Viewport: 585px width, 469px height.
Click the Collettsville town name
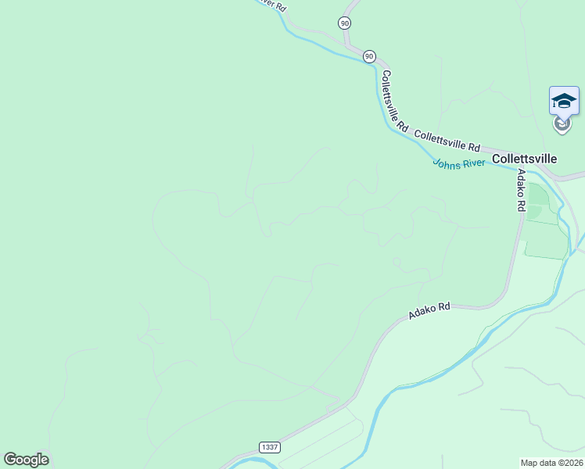(x=524, y=159)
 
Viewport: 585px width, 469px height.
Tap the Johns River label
(x=459, y=163)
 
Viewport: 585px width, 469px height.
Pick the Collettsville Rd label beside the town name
(x=447, y=141)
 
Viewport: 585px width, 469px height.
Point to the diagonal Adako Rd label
(x=429, y=311)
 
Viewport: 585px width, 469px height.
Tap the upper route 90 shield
(x=345, y=23)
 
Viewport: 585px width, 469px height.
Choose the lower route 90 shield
(x=369, y=56)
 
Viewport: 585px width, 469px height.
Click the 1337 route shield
(x=270, y=447)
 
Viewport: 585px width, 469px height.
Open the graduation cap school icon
(x=564, y=101)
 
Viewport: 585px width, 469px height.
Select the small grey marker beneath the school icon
(x=562, y=123)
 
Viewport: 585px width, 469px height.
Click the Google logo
(x=26, y=460)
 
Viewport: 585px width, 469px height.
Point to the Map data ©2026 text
(x=551, y=462)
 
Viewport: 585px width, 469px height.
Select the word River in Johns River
(x=473, y=163)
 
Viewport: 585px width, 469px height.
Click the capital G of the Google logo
(x=10, y=460)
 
